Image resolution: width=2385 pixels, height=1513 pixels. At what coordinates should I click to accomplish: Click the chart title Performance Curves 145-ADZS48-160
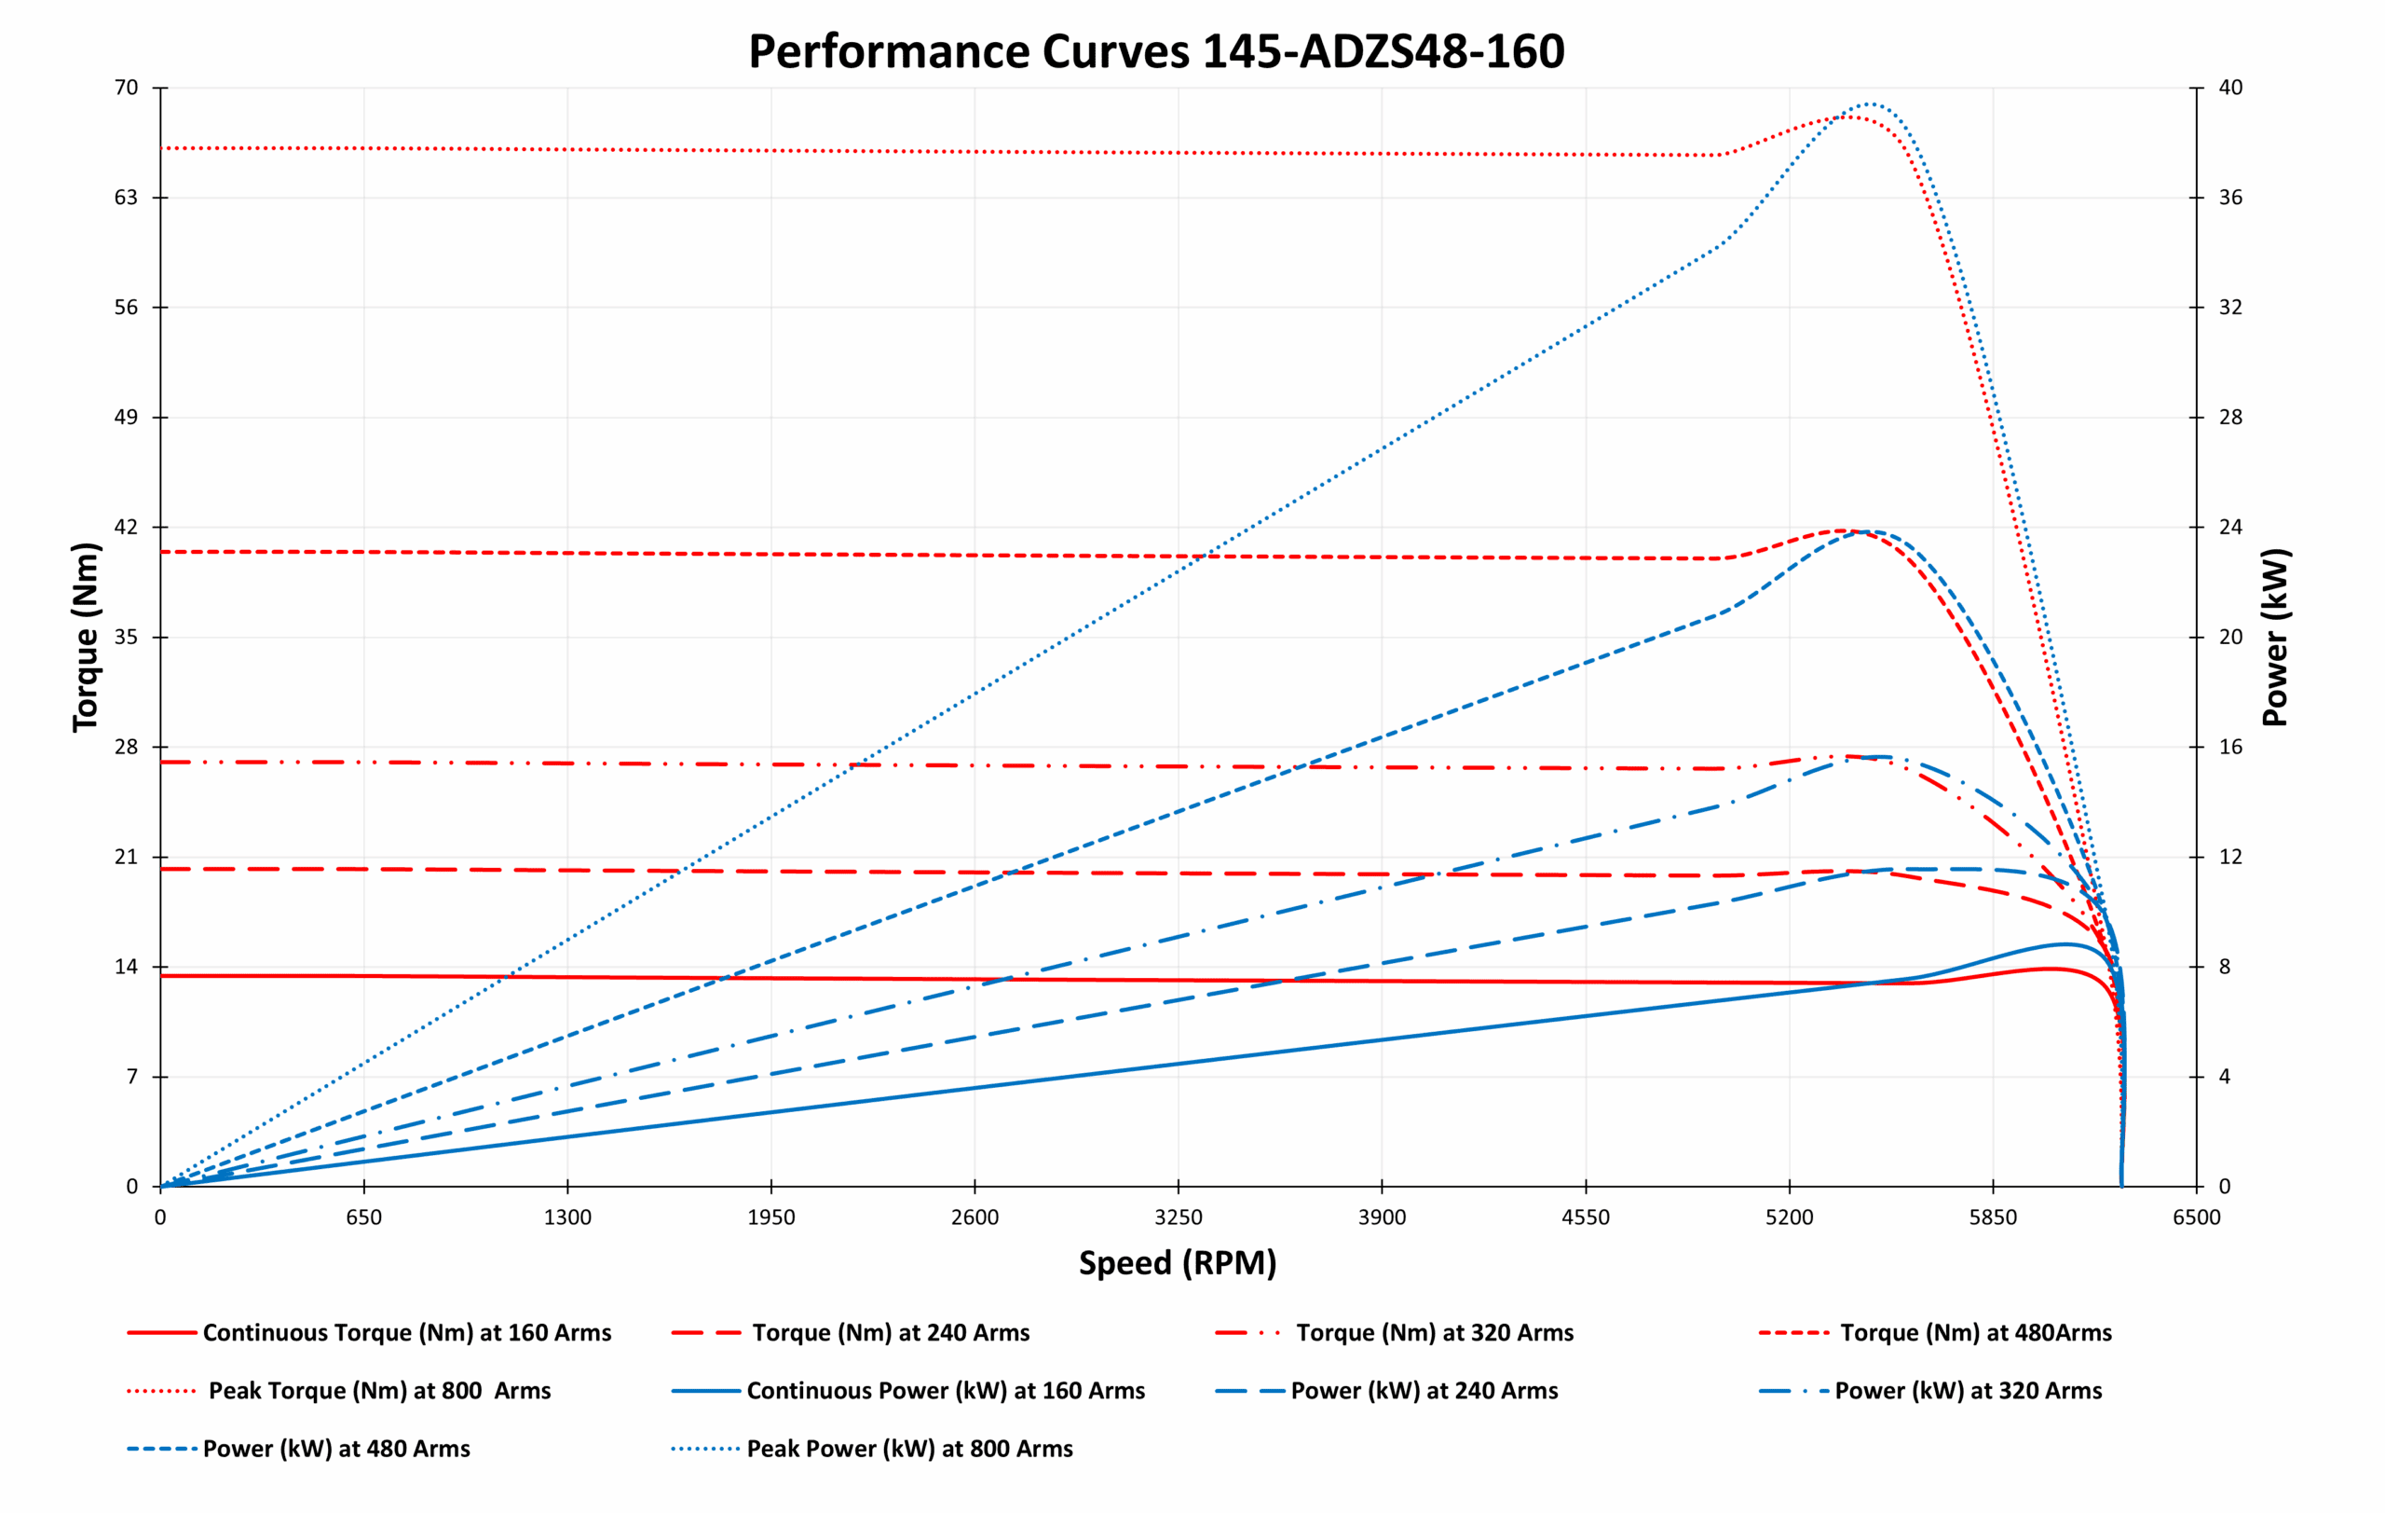(1156, 51)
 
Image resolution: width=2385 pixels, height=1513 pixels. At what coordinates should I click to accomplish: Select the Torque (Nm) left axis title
(86, 637)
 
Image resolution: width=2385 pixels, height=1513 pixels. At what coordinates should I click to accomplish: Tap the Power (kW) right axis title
(2276, 637)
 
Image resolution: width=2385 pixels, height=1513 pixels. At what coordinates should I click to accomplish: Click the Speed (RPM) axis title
(1178, 1263)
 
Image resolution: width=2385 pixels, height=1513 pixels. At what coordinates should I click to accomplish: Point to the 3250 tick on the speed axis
(1178, 1217)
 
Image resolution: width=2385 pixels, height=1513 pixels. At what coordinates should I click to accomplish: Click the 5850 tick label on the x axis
(1993, 1217)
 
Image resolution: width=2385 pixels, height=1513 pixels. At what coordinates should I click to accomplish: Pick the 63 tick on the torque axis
(126, 198)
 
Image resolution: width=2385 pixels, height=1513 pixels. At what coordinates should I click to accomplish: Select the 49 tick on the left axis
(126, 417)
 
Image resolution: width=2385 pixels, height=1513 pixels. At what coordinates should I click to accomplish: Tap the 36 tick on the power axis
(2230, 198)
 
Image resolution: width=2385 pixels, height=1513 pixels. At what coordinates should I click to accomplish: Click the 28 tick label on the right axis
(2230, 417)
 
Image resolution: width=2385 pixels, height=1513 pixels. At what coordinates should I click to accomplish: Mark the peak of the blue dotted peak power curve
(1867, 103)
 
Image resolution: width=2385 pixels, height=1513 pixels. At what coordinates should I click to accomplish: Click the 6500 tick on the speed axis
(2197, 1217)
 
